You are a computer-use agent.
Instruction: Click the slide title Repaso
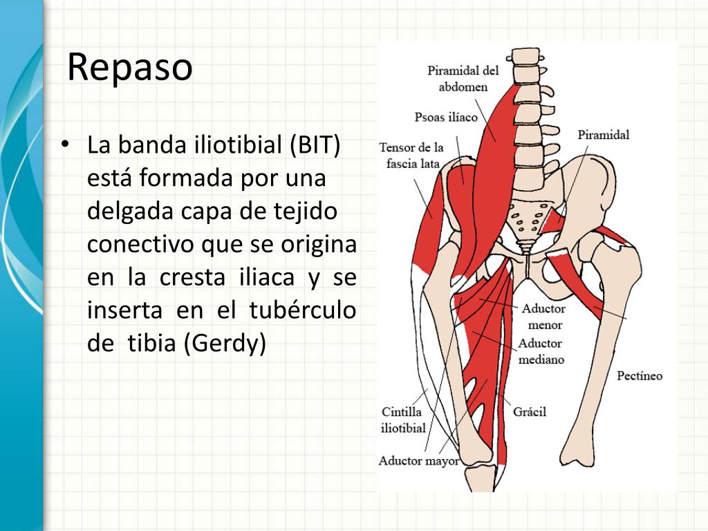(130, 67)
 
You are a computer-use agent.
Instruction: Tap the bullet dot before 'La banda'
(64, 145)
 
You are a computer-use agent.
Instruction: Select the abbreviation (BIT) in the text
(315, 146)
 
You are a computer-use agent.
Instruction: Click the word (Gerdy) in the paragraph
(225, 344)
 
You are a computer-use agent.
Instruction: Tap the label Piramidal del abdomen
(463, 79)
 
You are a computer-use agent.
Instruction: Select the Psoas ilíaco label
(446, 117)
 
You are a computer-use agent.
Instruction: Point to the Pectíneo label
(640, 376)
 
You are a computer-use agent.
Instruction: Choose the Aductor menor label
(544, 317)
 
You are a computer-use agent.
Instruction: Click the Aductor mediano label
(541, 351)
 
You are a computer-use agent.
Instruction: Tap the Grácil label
(530, 412)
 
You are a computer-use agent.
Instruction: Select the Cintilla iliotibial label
(404, 420)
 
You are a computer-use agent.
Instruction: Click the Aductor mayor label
(419, 460)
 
